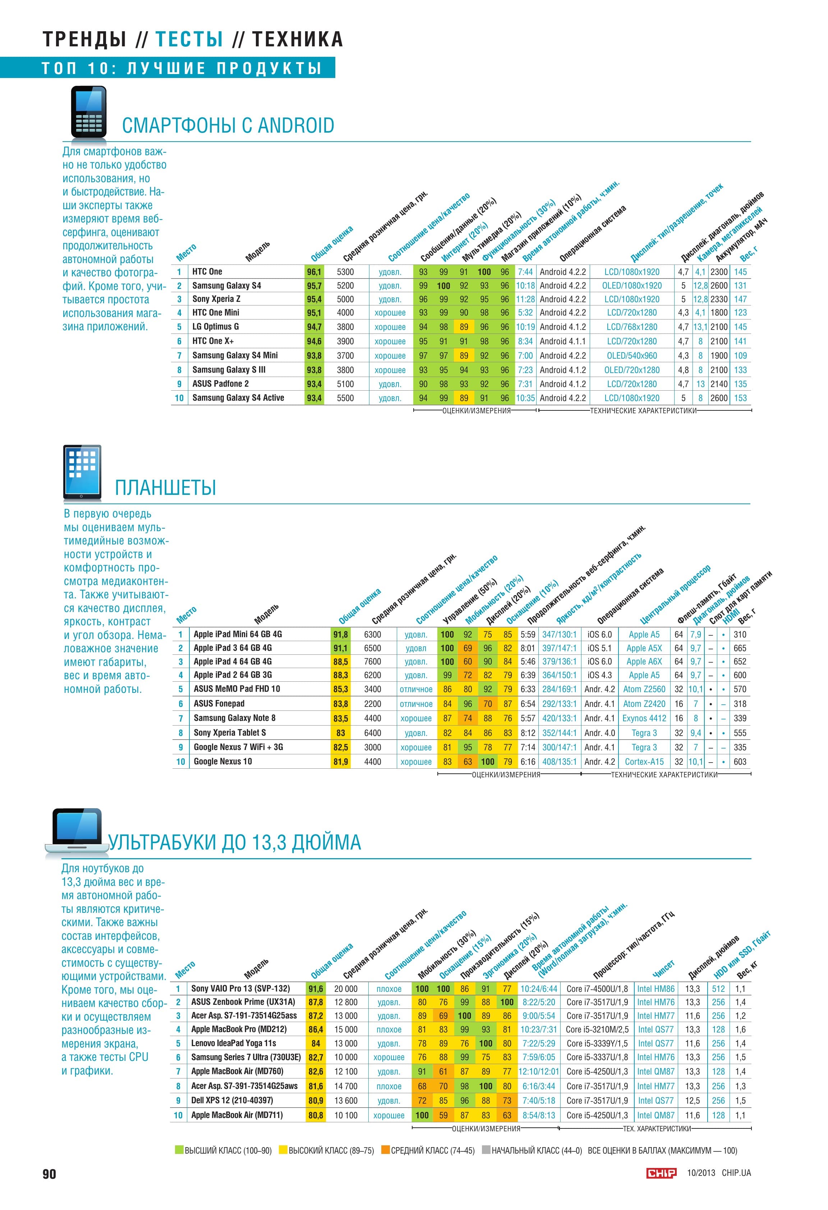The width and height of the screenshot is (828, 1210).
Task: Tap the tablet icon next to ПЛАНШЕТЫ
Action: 82,472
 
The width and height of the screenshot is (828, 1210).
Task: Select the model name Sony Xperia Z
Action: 216,299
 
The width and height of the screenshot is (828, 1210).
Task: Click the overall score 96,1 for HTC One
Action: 314,272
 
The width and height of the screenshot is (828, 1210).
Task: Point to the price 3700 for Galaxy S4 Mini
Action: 345,356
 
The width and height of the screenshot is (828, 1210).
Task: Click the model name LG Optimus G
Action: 216,327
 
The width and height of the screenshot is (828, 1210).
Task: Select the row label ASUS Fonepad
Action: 219,703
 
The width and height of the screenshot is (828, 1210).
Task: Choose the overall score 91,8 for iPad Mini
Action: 341,635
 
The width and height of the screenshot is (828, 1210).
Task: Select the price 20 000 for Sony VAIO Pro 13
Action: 346,989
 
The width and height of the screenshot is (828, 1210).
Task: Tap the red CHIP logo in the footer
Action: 661,1173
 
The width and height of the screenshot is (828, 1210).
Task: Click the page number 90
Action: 50,1174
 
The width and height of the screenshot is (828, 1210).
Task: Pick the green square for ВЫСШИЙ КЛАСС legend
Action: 179,1150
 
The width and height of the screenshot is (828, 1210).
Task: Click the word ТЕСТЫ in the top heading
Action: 189,40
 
